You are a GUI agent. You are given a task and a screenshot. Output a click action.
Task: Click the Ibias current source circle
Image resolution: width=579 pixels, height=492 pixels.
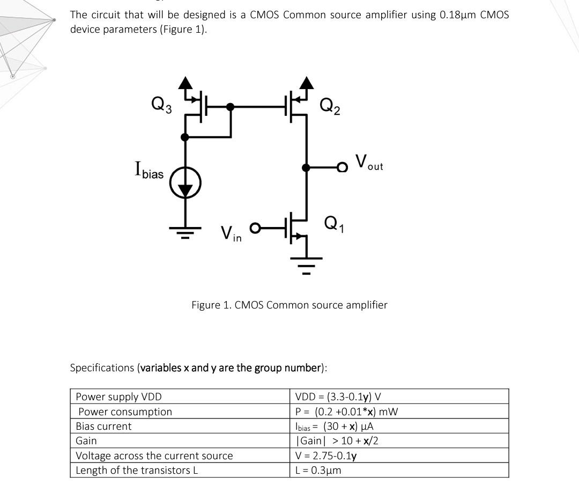point(185,183)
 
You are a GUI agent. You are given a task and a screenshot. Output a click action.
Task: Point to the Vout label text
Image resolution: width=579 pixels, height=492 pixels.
point(369,162)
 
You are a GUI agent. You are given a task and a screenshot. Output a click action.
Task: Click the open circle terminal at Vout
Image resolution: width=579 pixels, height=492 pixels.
point(342,168)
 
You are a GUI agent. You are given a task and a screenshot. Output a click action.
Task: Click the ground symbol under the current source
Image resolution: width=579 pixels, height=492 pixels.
point(185,231)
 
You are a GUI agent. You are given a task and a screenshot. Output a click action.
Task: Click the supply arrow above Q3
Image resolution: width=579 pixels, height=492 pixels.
point(185,83)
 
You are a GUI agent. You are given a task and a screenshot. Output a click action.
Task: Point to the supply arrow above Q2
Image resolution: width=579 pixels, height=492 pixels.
point(307,83)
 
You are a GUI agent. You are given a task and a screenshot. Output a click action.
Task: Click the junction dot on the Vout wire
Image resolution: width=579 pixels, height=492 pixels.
point(306,168)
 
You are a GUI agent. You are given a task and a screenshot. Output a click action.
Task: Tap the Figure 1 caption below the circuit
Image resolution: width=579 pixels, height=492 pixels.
point(289,305)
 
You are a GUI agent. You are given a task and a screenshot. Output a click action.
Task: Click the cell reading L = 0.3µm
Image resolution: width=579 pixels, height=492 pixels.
point(318,470)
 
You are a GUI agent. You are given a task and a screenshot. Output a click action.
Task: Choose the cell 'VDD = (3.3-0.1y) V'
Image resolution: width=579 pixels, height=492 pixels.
point(338,397)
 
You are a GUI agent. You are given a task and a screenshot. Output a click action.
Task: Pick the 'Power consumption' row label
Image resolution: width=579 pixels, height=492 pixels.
point(125,412)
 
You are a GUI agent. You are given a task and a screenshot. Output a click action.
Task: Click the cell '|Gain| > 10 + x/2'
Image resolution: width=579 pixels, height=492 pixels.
point(338,440)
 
